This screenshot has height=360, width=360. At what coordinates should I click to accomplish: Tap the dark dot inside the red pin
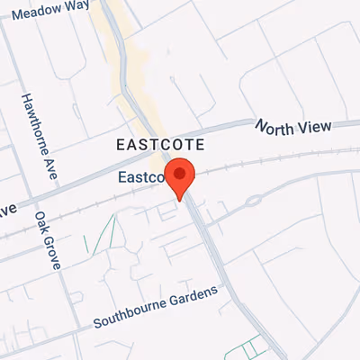[183, 173]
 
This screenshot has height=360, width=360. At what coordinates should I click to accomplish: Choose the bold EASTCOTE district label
[161, 144]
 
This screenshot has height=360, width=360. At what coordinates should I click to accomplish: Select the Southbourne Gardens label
[155, 308]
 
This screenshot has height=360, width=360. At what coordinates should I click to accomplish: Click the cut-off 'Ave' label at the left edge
[8, 211]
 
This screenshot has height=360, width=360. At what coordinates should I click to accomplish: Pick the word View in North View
[314, 126]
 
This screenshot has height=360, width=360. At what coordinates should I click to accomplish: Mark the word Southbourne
[129, 315]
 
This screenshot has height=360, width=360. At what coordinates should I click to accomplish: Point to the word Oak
[41, 220]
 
